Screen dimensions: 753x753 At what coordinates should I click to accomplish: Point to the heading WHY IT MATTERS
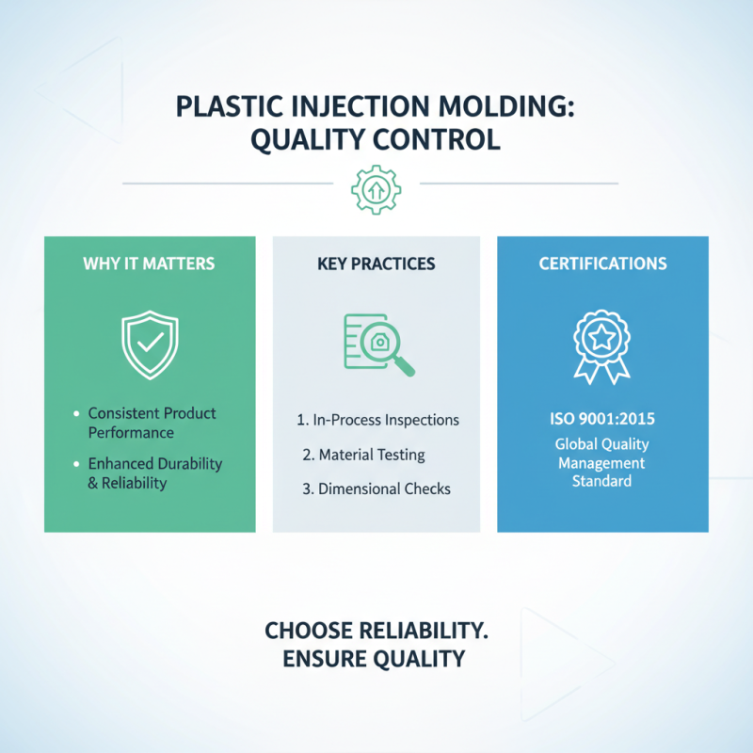coord(149,264)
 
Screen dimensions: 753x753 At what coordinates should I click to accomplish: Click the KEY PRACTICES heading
coord(376,264)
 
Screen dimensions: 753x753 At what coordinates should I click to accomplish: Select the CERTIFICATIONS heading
coord(602,264)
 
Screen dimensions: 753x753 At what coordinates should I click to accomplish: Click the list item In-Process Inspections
coord(378,420)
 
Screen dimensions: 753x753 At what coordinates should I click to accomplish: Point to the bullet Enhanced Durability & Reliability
coord(154,473)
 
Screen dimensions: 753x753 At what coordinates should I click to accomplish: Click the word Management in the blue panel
coord(602,463)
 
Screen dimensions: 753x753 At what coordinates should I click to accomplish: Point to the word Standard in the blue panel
coord(602,482)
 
